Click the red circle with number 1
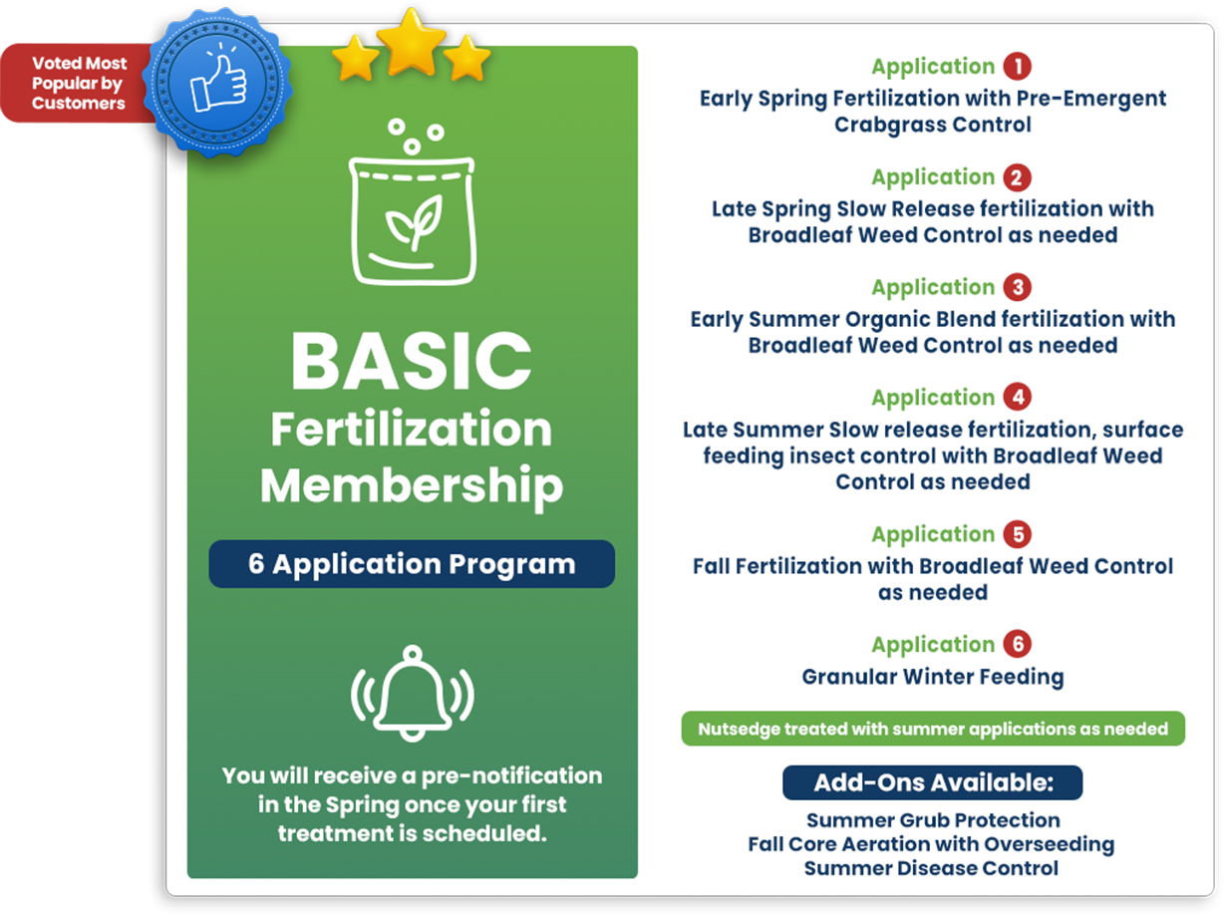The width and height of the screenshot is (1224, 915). click(1017, 67)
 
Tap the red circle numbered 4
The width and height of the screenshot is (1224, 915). click(1017, 397)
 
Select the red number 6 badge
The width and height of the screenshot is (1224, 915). click(1017, 644)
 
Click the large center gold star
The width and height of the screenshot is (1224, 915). click(411, 43)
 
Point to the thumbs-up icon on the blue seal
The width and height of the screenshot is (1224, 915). click(218, 82)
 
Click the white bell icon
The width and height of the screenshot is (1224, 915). click(412, 693)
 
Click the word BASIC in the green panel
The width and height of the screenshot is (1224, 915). click(411, 360)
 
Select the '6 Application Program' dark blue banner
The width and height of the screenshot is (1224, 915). click(412, 564)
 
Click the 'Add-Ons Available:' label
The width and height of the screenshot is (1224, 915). click(932, 782)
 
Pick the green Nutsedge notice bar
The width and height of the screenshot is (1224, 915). click(932, 729)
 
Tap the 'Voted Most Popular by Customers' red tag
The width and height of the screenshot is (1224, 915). click(78, 83)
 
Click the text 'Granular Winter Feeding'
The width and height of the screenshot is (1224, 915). click(932, 677)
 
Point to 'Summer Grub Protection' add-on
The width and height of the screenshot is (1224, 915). click(932, 819)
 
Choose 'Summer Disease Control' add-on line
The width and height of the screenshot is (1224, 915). click(931, 867)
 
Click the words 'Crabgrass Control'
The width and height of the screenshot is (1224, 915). click(932, 125)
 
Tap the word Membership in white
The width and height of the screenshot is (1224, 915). click(412, 486)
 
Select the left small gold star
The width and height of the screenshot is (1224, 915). click(355, 58)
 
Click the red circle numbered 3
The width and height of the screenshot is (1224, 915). click(1017, 287)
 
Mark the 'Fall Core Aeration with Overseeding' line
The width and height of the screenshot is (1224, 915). click(931, 844)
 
